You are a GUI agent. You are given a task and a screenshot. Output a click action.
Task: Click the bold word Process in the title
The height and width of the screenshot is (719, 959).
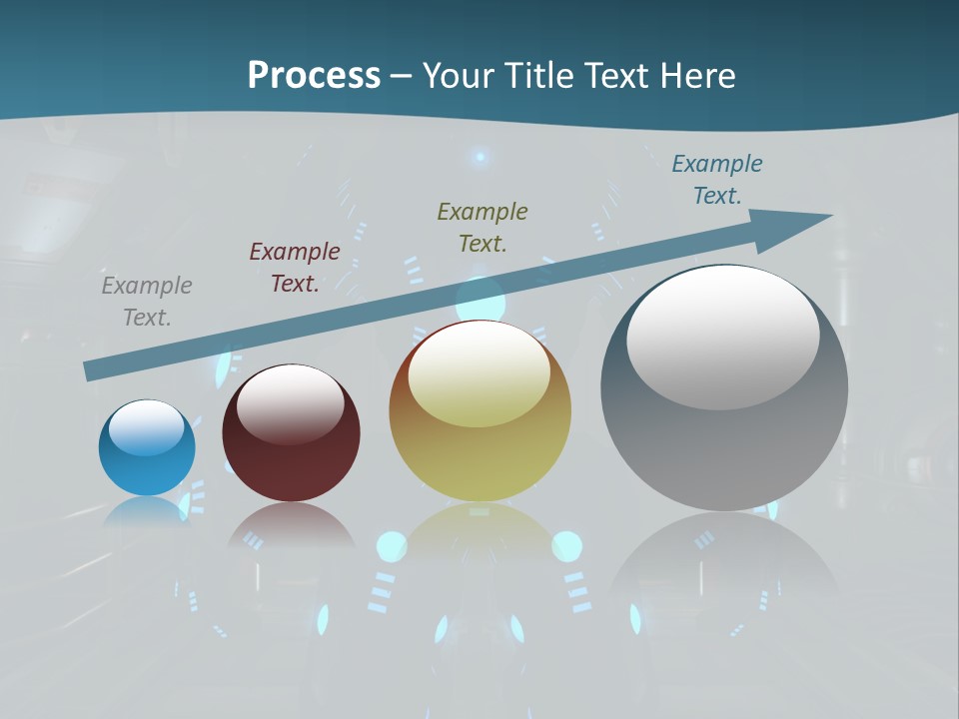point(314,76)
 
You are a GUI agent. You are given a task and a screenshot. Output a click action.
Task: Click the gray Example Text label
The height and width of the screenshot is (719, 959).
point(147,301)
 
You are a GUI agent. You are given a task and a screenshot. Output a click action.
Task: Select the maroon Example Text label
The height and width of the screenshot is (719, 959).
point(295,267)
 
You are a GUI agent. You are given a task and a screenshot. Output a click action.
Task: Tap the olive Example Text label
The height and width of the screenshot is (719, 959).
point(482,227)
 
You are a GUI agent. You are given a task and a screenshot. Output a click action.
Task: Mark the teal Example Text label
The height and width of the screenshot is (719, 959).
point(717,179)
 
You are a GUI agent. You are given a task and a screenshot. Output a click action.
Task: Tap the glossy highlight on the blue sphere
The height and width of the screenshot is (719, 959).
point(147,427)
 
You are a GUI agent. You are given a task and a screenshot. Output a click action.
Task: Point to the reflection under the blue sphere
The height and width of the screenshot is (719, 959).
point(147,511)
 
